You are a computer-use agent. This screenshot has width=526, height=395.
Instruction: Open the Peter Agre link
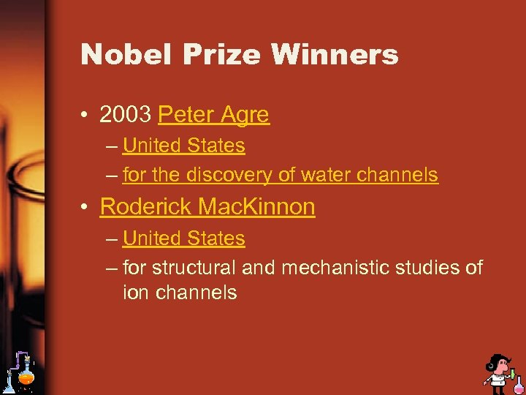tap(213, 115)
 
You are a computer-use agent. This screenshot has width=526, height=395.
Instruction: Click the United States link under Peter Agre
tap(184, 146)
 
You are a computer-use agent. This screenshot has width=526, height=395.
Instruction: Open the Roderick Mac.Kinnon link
tap(207, 207)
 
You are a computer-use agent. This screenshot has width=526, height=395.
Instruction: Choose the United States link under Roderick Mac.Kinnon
tap(184, 238)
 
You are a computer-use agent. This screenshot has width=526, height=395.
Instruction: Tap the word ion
tap(134, 293)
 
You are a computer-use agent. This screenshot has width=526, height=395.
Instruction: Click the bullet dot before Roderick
tap(87, 208)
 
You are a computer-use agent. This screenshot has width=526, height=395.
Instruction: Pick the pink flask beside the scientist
tap(517, 382)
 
